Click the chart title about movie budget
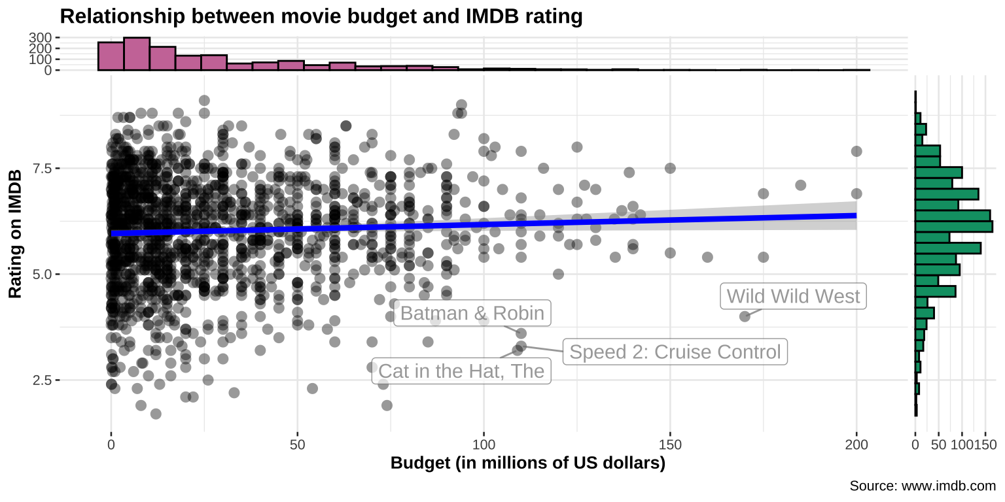click(x=321, y=16)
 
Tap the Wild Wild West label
click(x=793, y=296)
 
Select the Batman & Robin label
click(x=472, y=313)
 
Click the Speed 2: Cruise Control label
click(x=675, y=352)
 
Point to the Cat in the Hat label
click(x=461, y=371)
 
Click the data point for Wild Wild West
click(x=745, y=316)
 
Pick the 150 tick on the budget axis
click(x=670, y=445)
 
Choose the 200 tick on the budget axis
click(x=856, y=445)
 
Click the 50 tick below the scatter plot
click(x=298, y=445)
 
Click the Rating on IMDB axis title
click(x=16, y=233)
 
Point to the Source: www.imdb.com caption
click(x=922, y=486)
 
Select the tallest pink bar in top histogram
click(x=137, y=54)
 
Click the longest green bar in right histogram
click(x=953, y=226)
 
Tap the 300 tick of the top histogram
click(x=41, y=38)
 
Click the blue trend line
click(x=484, y=224)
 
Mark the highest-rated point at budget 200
click(x=856, y=152)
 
